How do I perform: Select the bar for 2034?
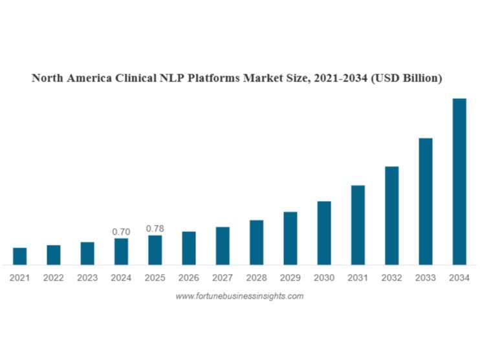(x=459, y=182)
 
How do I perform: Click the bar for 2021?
(x=20, y=256)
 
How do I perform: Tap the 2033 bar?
(x=425, y=201)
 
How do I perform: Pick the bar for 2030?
(x=324, y=233)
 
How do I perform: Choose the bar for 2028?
(x=256, y=242)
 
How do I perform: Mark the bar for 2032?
(x=391, y=215)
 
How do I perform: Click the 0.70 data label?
(x=121, y=231)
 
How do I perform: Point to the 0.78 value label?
(x=155, y=228)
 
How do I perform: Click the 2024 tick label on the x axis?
(x=121, y=278)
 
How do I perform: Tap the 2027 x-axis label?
(x=223, y=278)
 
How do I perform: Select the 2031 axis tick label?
(x=358, y=278)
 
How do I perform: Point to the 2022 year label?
(x=54, y=278)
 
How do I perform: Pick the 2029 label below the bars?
(x=290, y=278)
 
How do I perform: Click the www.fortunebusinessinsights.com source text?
(x=239, y=296)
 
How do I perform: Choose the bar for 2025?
(x=155, y=250)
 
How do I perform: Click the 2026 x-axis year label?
(x=189, y=278)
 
